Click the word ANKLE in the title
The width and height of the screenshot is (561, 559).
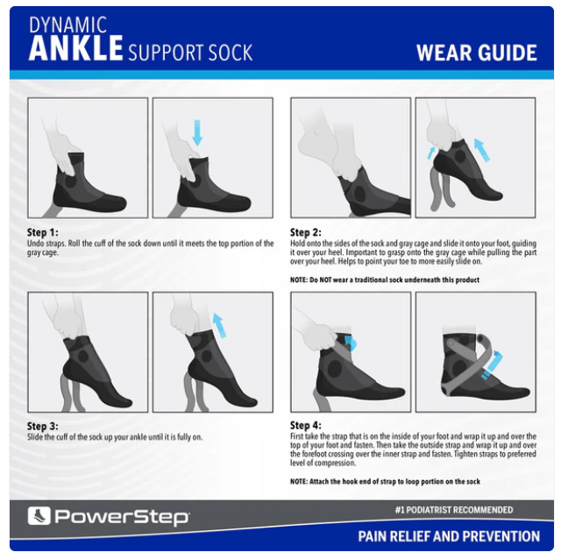[x=76, y=48]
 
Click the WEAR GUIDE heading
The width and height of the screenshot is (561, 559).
[x=477, y=53]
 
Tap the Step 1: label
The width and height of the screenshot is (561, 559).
[x=43, y=232]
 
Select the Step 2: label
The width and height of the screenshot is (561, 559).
[x=306, y=232]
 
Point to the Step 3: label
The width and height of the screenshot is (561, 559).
[x=43, y=426]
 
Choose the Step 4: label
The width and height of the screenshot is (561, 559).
[x=306, y=425]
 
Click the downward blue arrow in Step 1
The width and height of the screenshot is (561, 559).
[x=197, y=132]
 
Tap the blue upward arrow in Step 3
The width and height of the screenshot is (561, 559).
[x=220, y=325]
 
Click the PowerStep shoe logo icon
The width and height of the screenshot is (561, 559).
[x=39, y=516]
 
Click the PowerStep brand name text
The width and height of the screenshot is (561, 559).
[x=122, y=517]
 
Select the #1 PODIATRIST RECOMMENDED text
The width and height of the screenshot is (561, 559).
[x=454, y=510]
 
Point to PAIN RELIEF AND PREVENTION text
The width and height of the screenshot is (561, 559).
[x=449, y=536]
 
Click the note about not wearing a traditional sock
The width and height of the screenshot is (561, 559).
[x=385, y=279]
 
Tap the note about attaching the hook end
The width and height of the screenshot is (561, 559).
[x=385, y=481]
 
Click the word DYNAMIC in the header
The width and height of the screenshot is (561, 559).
[x=68, y=25]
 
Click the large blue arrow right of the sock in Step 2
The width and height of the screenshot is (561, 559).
[x=482, y=150]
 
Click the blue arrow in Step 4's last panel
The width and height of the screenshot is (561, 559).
[x=493, y=364]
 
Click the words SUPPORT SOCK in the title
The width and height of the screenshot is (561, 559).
[x=190, y=53]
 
